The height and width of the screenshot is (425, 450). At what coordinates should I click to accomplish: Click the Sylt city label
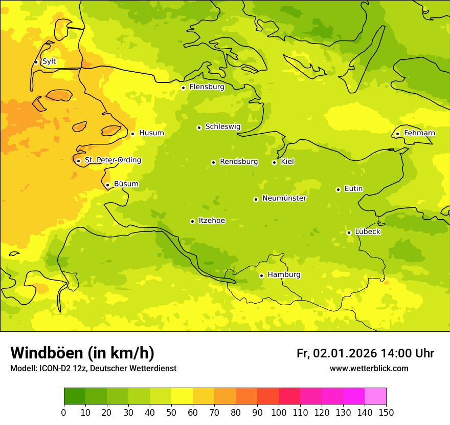(49, 61)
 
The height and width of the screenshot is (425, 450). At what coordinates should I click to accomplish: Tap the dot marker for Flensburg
(183, 88)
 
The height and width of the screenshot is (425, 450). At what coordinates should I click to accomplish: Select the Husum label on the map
(151, 133)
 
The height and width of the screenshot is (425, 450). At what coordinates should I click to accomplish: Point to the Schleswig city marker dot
(199, 128)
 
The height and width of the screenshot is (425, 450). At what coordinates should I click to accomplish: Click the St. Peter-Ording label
(113, 160)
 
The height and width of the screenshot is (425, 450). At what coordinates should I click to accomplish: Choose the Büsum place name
(126, 184)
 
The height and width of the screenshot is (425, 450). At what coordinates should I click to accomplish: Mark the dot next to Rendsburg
(213, 162)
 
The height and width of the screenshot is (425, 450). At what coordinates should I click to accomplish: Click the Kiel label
(287, 162)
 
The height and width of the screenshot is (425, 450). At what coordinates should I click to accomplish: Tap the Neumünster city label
(284, 198)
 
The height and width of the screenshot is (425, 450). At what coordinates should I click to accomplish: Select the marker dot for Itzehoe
(192, 221)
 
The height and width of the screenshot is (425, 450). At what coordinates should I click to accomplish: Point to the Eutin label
(353, 189)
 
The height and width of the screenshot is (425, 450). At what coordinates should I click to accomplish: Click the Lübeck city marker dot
(349, 232)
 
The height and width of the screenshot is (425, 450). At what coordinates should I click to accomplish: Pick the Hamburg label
(284, 275)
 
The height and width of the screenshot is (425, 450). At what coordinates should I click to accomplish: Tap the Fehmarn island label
(419, 133)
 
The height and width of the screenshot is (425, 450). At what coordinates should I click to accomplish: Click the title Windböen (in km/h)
(82, 353)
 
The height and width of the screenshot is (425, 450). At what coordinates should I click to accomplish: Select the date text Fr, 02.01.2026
(336, 353)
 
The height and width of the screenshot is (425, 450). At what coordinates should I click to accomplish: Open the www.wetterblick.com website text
(369, 369)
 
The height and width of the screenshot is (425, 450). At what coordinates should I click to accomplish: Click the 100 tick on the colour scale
(279, 413)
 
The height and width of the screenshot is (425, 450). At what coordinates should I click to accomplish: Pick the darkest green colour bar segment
(75, 396)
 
